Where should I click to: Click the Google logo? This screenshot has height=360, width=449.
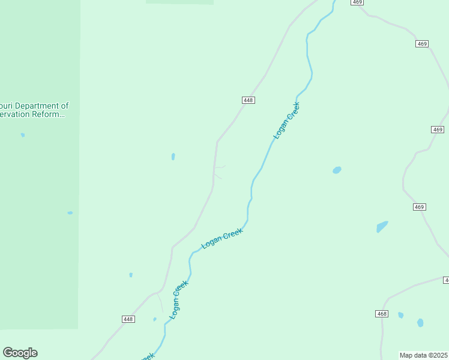[20, 353]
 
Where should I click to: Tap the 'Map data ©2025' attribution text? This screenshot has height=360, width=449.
[424, 355]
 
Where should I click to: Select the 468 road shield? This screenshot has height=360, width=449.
[382, 314]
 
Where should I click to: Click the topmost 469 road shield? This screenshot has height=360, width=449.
[358, 2]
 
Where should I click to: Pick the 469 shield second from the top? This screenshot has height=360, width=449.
[422, 44]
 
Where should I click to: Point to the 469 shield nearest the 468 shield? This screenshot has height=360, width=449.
[419, 207]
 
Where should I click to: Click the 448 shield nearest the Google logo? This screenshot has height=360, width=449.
[128, 319]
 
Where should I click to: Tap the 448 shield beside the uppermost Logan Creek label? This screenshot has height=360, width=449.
[249, 100]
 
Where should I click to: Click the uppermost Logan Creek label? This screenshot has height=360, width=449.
[286, 121]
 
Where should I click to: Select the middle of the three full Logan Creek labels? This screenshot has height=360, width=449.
[222, 238]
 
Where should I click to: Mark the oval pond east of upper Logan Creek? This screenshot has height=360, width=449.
[337, 170]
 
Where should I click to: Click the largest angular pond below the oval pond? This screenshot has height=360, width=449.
[382, 227]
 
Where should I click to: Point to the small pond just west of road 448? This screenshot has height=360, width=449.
[173, 157]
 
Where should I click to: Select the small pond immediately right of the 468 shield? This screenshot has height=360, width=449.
[400, 315]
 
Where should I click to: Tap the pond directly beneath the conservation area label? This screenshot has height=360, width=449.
[23, 135]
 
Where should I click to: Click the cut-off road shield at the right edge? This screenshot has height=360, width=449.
[447, 280]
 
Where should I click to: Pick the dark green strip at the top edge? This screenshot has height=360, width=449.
[179, 2]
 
